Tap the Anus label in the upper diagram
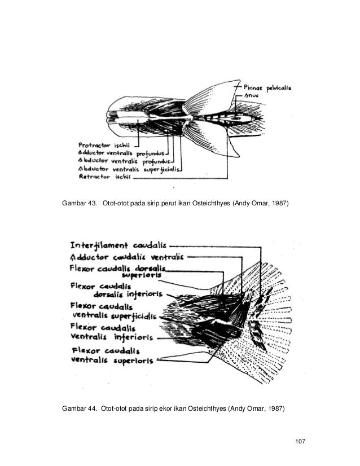[253, 96]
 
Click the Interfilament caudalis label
[117, 246]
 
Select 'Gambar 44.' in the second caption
[78, 408]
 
